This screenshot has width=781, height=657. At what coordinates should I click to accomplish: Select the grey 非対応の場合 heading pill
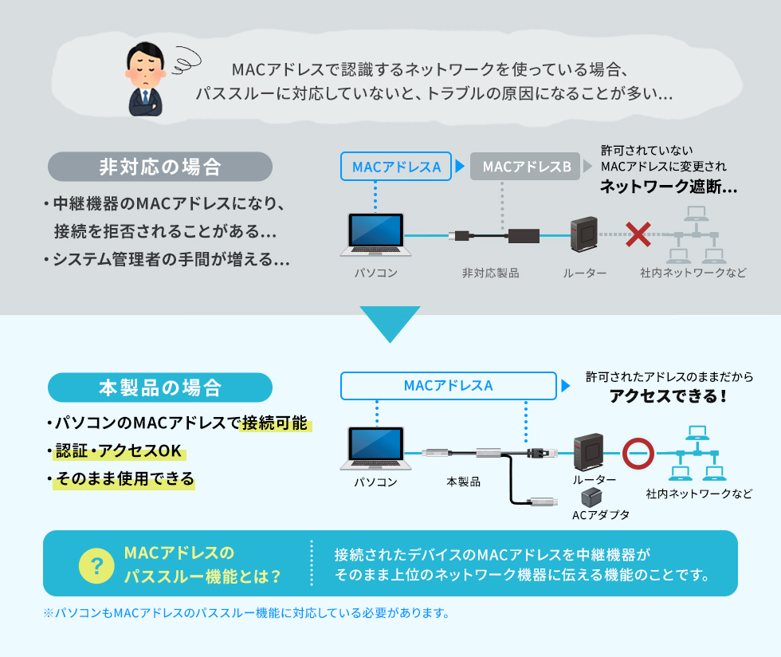click(x=160, y=167)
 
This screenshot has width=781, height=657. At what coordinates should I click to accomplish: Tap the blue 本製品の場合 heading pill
click(x=160, y=388)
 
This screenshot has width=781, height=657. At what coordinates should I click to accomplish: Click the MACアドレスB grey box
click(x=526, y=167)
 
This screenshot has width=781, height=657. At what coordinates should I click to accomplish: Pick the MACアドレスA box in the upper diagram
click(x=396, y=167)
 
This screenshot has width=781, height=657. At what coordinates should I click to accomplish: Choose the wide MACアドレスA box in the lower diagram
click(x=448, y=386)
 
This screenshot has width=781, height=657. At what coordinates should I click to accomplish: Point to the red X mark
click(x=638, y=234)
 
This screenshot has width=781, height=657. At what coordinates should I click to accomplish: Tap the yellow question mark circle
click(x=97, y=565)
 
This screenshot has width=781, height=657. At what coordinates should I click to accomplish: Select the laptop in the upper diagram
click(x=375, y=234)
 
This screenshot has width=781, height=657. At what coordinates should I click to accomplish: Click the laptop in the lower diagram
click(x=375, y=450)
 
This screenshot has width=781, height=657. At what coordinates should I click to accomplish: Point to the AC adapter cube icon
click(x=592, y=497)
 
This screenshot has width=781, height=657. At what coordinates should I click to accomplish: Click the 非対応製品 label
click(x=490, y=273)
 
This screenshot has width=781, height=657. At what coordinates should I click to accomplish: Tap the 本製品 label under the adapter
click(x=464, y=482)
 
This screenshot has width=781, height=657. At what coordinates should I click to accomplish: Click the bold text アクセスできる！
click(x=668, y=396)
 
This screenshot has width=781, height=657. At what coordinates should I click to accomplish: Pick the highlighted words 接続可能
click(x=276, y=423)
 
